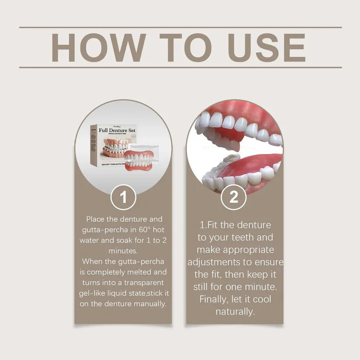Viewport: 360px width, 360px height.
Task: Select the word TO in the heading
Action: tap(179, 47)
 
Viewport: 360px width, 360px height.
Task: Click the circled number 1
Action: tap(123, 197)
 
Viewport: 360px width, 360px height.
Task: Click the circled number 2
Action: tap(234, 197)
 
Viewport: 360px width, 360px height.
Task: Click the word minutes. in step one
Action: tap(123, 251)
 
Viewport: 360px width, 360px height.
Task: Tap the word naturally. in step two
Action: tap(234, 311)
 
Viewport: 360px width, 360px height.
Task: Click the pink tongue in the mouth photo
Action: tap(254, 164)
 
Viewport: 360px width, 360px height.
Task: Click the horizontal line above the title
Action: tap(180, 27)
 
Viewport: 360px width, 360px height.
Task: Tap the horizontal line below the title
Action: tap(180, 67)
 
